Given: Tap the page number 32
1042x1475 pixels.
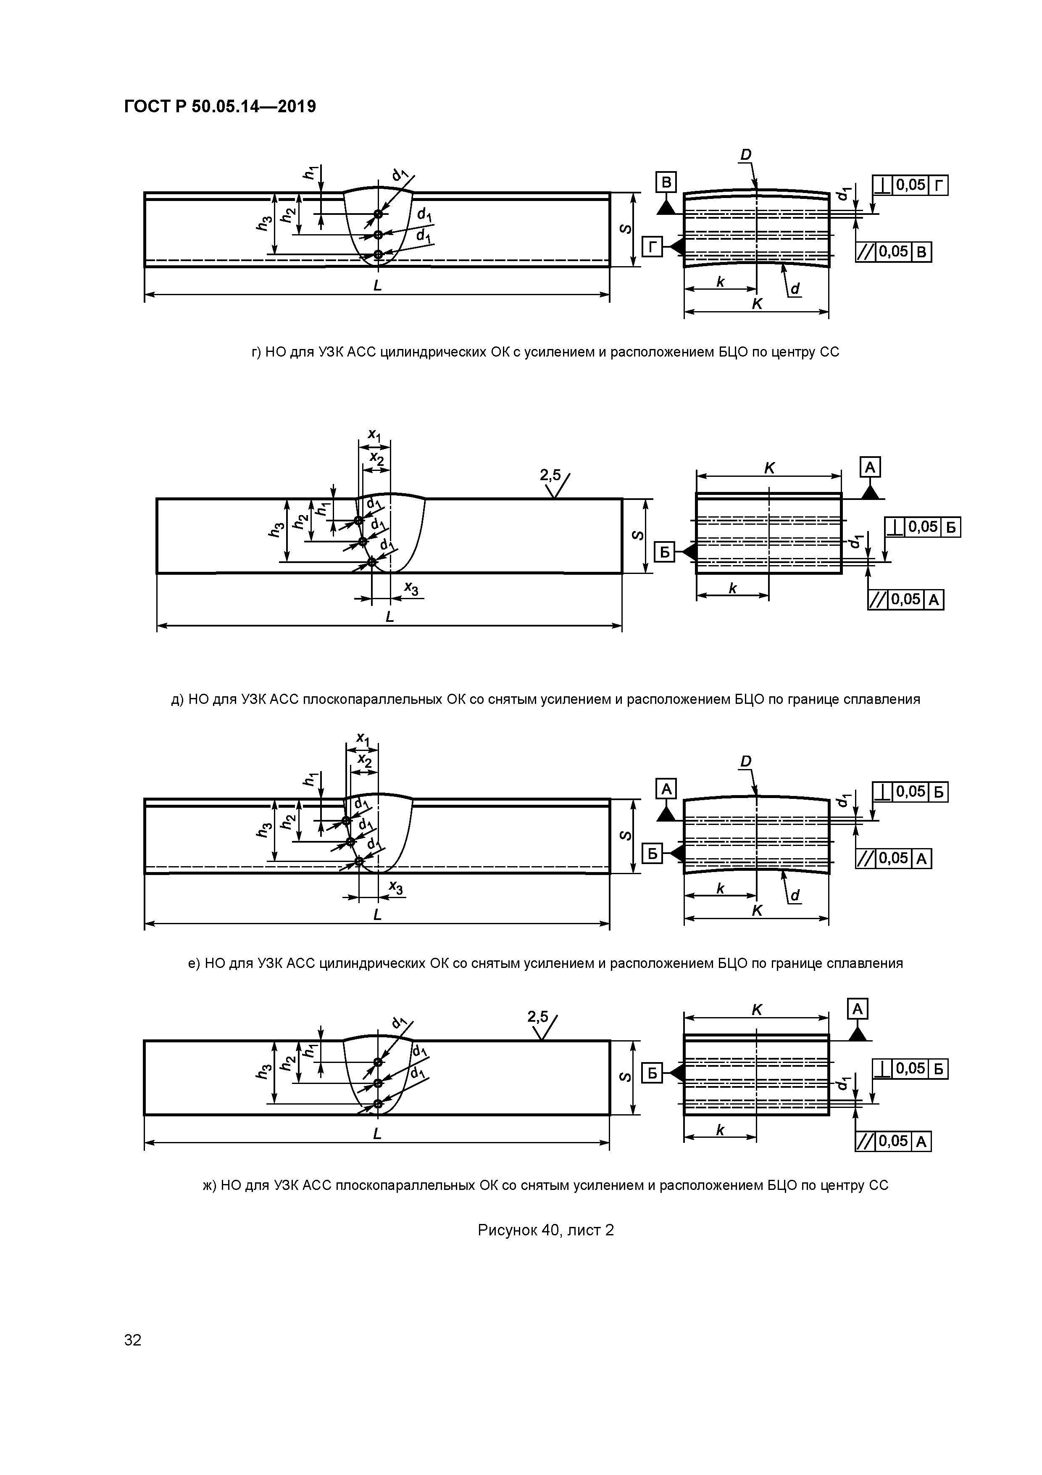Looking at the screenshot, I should click(132, 1340).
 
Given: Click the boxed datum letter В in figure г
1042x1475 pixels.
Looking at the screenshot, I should click(666, 183).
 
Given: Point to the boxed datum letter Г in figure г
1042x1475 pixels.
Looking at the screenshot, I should click(652, 246).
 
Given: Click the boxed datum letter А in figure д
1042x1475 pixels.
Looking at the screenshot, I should click(870, 467).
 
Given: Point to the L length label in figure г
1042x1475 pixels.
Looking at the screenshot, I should click(377, 285).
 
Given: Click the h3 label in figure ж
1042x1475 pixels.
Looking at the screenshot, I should click(263, 1071).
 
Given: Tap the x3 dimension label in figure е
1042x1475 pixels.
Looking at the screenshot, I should click(396, 888).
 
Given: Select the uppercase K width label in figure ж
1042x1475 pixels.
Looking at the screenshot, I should click(756, 1010).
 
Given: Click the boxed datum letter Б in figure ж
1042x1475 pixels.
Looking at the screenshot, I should click(652, 1073).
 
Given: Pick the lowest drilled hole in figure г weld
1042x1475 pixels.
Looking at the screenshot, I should click(378, 254).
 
